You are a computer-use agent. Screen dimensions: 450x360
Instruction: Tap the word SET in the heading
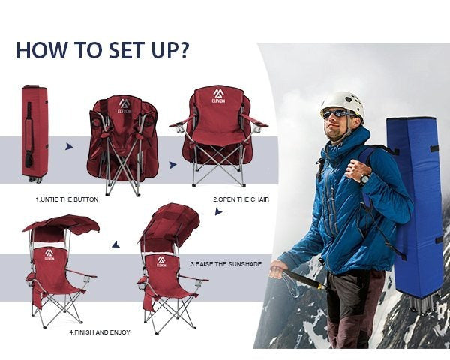coord(126,50)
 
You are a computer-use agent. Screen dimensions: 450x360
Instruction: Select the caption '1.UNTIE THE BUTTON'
coord(67,199)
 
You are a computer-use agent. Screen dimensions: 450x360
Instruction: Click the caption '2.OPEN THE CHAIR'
coord(241,199)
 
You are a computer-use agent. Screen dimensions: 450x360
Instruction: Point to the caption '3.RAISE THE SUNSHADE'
coord(226,264)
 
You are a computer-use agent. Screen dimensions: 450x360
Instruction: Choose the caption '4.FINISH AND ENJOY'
coord(100,332)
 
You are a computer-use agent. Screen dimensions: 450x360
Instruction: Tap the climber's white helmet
coord(343,105)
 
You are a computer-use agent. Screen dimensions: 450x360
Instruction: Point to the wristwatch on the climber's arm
coord(365,178)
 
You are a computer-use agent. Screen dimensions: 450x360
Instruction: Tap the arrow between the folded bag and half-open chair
coord(69,147)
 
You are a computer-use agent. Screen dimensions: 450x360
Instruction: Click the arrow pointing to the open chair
coord(172,165)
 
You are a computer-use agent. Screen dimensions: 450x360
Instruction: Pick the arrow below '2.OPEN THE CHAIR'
coord(218,211)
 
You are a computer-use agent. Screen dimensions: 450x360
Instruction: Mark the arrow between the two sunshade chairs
coord(116,244)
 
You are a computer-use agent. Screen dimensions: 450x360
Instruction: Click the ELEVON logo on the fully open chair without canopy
coord(219,96)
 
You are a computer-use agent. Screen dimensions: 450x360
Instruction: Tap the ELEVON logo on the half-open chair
coord(124,106)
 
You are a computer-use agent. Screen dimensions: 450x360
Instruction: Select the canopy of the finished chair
coord(61,224)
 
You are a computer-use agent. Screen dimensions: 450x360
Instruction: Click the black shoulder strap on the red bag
coord(29,135)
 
